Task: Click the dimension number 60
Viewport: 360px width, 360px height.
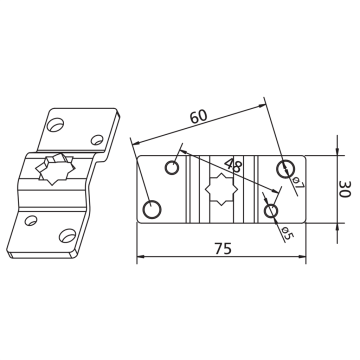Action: [199, 116]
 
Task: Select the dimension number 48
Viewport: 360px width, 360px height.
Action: [233, 165]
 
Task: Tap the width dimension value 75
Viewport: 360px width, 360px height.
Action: [222, 249]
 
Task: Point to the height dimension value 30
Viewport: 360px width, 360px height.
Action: [345, 189]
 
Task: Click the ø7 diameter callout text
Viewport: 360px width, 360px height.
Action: [298, 184]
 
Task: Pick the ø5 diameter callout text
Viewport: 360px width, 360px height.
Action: [287, 233]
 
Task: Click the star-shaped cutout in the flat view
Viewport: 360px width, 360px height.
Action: [221, 189]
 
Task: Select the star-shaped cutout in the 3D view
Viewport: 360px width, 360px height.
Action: [55, 169]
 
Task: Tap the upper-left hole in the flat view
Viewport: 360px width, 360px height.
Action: [172, 167]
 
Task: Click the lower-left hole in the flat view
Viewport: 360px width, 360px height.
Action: [152, 210]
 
